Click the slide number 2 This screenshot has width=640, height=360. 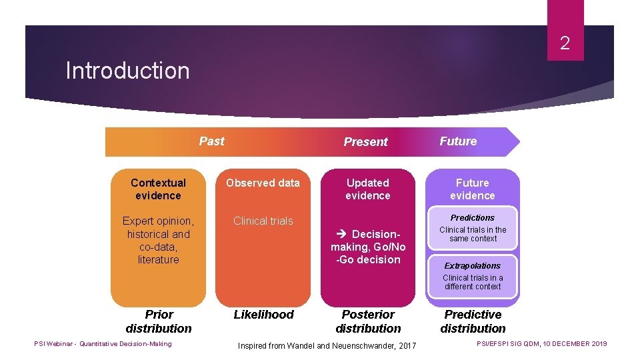pyautogui.click(x=565, y=44)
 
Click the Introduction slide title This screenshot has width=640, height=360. pyautogui.click(x=127, y=71)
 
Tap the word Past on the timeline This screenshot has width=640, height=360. pyautogui.click(x=211, y=141)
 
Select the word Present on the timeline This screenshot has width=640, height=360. pyautogui.click(x=365, y=141)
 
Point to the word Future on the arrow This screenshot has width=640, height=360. pyautogui.click(x=458, y=141)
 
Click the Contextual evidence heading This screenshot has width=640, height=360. pyautogui.click(x=158, y=189)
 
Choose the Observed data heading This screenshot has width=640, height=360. pyautogui.click(x=263, y=183)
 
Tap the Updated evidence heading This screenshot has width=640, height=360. pyautogui.click(x=367, y=189)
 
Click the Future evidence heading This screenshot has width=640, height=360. pyautogui.click(x=472, y=189)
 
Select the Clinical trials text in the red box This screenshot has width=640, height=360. pyautogui.click(x=263, y=221)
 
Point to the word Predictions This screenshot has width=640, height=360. pyautogui.click(x=472, y=218)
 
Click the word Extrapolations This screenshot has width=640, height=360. pyautogui.click(x=472, y=266)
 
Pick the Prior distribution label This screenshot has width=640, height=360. pyautogui.click(x=159, y=321)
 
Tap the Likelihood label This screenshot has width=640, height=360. pyautogui.click(x=263, y=314)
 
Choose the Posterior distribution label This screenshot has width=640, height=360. pyautogui.click(x=368, y=321)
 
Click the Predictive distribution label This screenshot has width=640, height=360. pyautogui.click(x=473, y=321)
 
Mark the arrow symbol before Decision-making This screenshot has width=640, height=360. pyautogui.click(x=342, y=234)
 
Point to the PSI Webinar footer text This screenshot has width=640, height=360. pyautogui.click(x=103, y=344)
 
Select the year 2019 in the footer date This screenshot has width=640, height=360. pyautogui.click(x=597, y=344)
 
